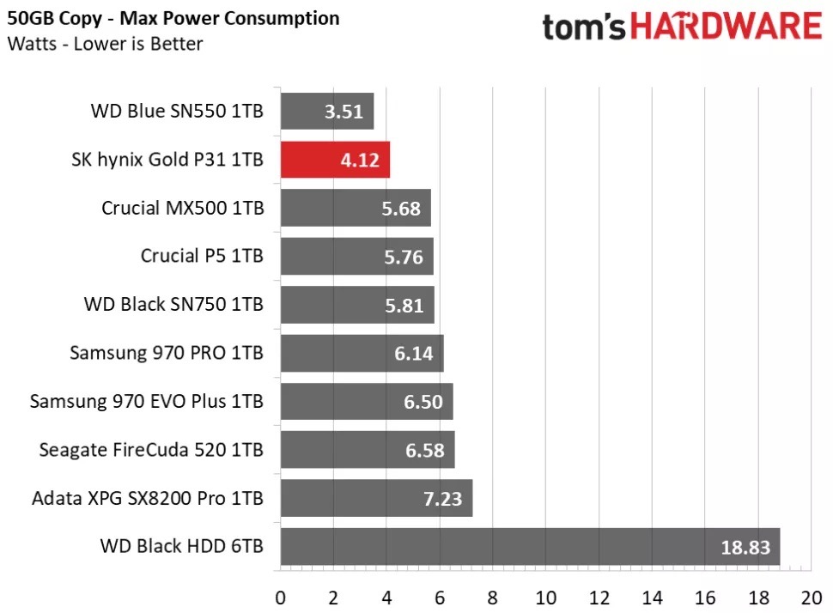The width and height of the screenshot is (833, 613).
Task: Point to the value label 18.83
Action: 745,547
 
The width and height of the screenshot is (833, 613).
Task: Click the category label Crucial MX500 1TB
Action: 182,208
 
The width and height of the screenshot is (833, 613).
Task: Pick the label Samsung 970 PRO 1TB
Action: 167,352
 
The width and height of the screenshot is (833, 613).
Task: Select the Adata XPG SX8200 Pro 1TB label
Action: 148,497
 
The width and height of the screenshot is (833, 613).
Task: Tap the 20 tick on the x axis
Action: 812,597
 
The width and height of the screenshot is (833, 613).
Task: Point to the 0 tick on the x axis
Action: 281,597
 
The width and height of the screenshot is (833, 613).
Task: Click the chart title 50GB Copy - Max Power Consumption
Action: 173,18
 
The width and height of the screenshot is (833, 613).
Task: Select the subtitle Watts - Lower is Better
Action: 105,44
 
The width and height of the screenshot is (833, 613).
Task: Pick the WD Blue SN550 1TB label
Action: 177,111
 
